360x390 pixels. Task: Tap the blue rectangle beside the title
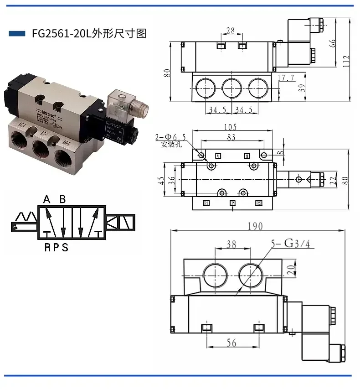[x=17, y=34]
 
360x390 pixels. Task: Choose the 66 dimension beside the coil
[x=333, y=43]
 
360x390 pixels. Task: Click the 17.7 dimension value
[x=286, y=78]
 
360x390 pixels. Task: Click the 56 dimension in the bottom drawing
[x=232, y=343]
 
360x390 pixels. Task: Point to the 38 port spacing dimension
[x=232, y=245]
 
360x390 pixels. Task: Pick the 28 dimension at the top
[x=231, y=31]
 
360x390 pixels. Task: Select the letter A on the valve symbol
[x=46, y=199]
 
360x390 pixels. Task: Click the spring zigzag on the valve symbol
[x=26, y=216]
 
